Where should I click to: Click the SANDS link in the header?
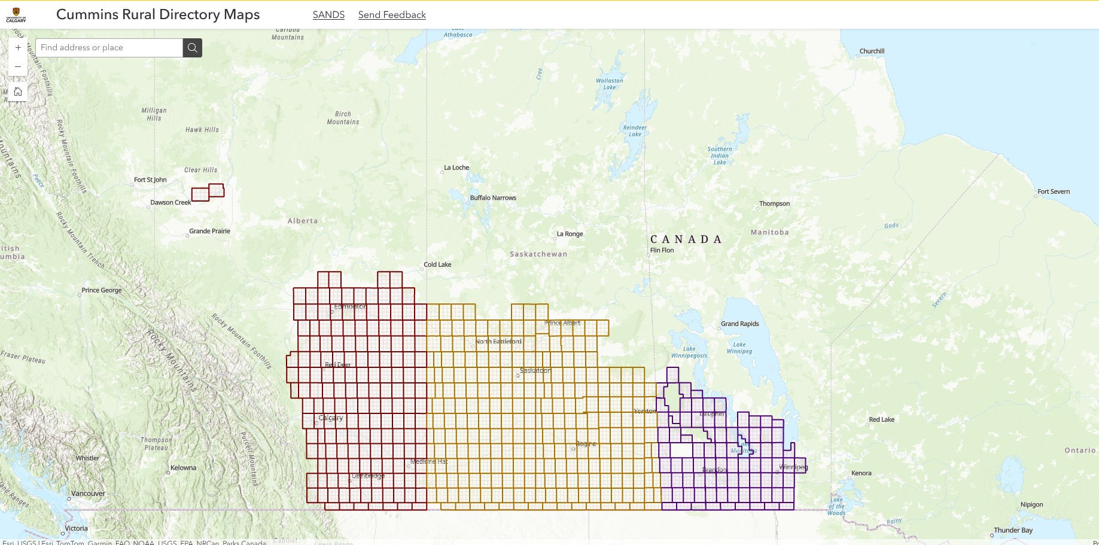[x=328, y=15]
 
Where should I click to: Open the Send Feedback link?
[x=392, y=15]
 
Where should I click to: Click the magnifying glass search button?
[x=192, y=48]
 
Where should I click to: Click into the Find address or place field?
[x=109, y=48]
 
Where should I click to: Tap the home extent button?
[x=18, y=92]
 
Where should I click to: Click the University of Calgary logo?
[x=16, y=14]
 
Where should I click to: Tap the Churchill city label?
[x=872, y=51]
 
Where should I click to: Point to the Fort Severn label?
[x=1054, y=192]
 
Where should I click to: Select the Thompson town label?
[x=774, y=204]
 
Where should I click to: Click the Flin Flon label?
[x=662, y=251]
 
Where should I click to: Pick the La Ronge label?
[x=570, y=234]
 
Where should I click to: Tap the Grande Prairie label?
[x=209, y=232]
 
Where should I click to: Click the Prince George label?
[x=102, y=291]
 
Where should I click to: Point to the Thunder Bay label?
[x=1013, y=531]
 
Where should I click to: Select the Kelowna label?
[x=183, y=468]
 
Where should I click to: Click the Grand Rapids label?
[x=739, y=324]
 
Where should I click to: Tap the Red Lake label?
[x=881, y=420]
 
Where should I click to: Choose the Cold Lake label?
[x=437, y=264]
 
